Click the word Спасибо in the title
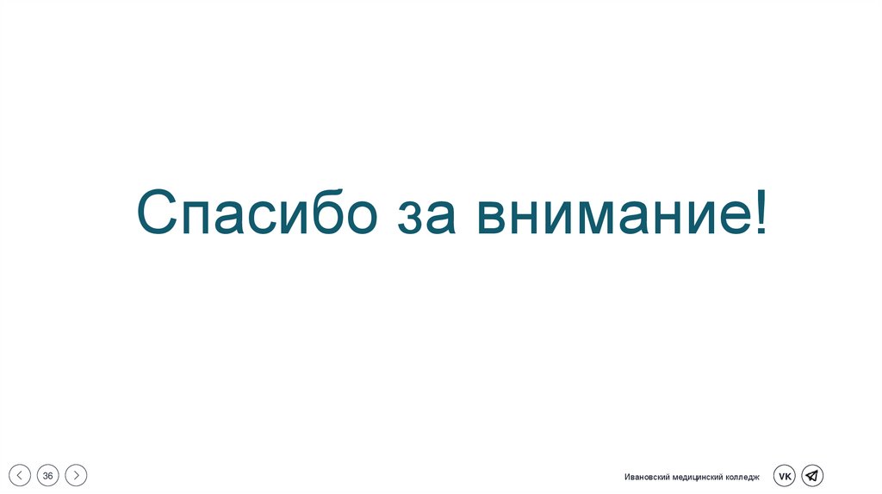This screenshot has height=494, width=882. point(257,214)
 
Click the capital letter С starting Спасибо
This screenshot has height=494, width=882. point(157,213)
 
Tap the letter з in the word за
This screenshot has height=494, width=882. point(408,219)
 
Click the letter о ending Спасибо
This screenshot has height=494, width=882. point(357,219)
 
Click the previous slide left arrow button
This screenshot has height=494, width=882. point(20,475)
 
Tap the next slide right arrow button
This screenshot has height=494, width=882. point(77,475)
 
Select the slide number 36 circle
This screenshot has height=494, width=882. point(48,475)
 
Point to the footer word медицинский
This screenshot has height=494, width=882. point(697,477)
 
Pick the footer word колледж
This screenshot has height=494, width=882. point(742,477)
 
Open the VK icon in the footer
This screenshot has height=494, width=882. point(784,475)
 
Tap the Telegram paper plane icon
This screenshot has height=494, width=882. point(812,475)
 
